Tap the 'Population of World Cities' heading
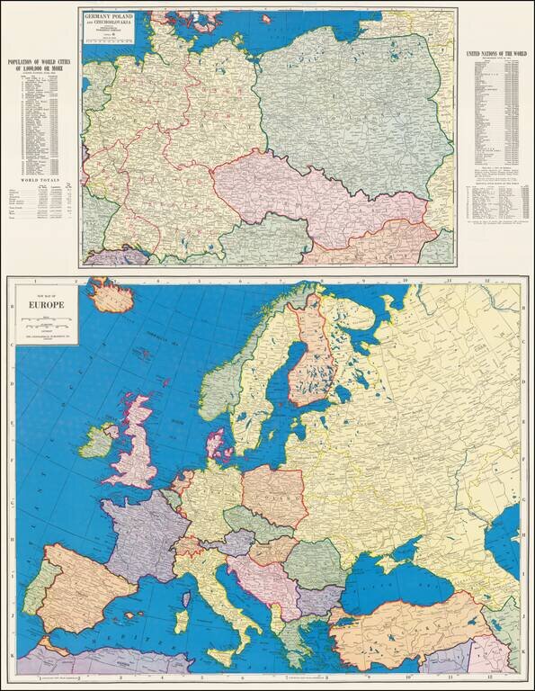coord(39,66)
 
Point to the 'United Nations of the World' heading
coord(495,56)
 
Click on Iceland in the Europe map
coord(111,292)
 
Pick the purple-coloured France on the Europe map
coord(139,535)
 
